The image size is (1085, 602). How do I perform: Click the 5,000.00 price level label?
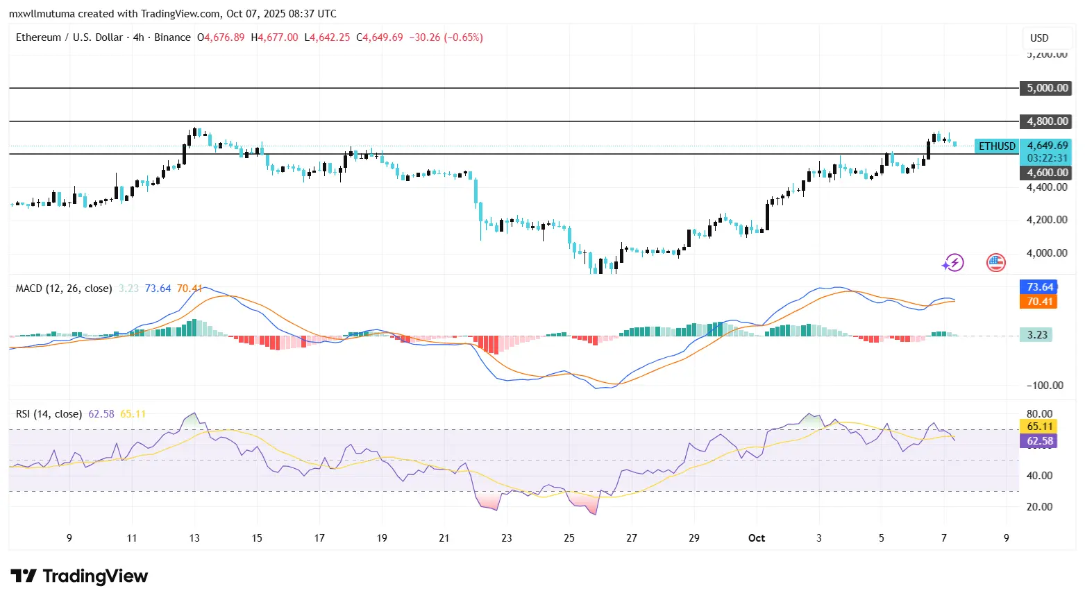pos(1047,88)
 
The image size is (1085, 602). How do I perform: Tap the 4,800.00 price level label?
pos(1047,121)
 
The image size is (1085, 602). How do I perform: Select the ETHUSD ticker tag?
pos(997,146)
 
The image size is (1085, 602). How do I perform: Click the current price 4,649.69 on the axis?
pos(1047,146)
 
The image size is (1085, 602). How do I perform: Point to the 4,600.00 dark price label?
pos(1047,173)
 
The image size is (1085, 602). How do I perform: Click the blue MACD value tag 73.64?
pos(1039,287)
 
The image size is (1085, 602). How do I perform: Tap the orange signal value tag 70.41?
pos(1039,302)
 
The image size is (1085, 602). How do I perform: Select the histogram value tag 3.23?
pos(1036,335)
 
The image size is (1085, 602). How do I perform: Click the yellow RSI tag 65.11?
pos(1039,427)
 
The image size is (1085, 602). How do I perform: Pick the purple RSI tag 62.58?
pos(1039,441)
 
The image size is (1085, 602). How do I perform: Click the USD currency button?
pos(1038,38)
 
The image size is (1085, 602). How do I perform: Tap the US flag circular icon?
pos(996,262)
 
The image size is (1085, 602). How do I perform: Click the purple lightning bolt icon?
pos(953,263)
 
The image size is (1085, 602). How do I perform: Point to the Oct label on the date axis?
pos(756,538)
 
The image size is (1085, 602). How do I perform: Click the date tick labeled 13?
pos(194,538)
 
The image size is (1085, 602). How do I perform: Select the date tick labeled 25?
pos(569,538)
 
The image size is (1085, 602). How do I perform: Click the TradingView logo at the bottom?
pos(79,576)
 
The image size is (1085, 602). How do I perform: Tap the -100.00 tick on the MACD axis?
pos(1045,386)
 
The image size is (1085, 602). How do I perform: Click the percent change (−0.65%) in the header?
pos(463,37)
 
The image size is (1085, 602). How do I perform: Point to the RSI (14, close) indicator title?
pos(49,414)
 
